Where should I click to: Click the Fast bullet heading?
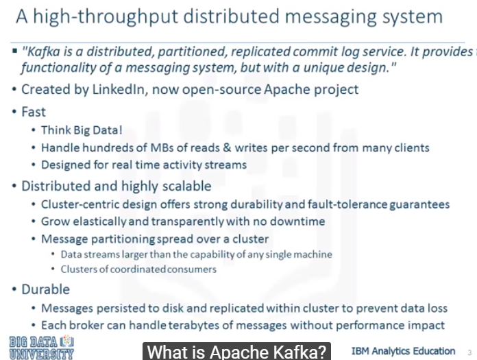tap(34, 111)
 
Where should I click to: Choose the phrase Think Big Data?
tap(82, 130)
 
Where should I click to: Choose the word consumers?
tap(192, 269)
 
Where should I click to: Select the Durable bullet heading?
tap(45, 289)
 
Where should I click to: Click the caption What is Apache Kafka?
tap(237, 352)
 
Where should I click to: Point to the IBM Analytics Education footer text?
tap(403, 351)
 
